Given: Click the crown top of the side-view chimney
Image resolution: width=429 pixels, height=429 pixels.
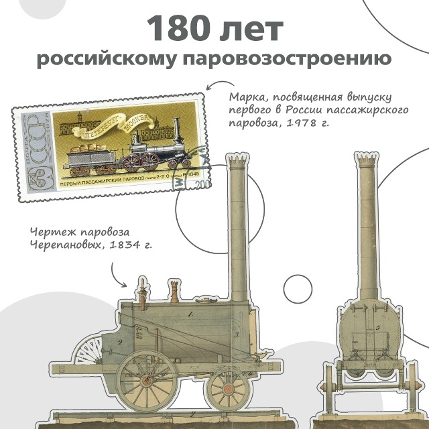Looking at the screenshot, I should pyautogui.click(x=238, y=162).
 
